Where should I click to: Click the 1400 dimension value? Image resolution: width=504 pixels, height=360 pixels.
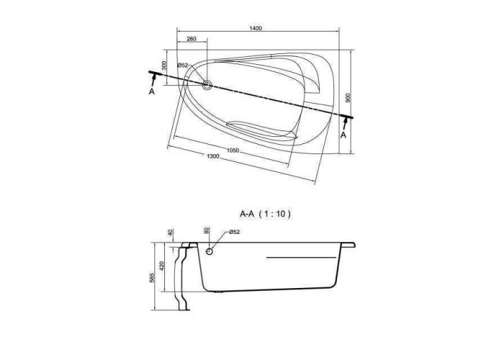pyautogui.click(x=256, y=28)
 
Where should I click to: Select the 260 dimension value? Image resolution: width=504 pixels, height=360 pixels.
pyautogui.click(x=192, y=39)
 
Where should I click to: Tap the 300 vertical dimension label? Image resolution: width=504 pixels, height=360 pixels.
pyautogui.click(x=164, y=66)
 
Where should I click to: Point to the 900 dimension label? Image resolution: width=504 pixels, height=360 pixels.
pyautogui.click(x=348, y=98)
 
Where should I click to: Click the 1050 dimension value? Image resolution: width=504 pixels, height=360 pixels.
pyautogui.click(x=233, y=150)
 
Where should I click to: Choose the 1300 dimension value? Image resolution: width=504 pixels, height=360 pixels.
pyautogui.click(x=213, y=156)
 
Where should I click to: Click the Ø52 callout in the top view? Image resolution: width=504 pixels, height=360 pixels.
pyautogui.click(x=183, y=66)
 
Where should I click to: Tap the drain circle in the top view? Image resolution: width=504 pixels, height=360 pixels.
pyautogui.click(x=207, y=85)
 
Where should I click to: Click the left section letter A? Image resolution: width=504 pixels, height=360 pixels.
pyautogui.click(x=152, y=91)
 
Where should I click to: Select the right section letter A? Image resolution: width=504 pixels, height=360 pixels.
pyautogui.click(x=343, y=135)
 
